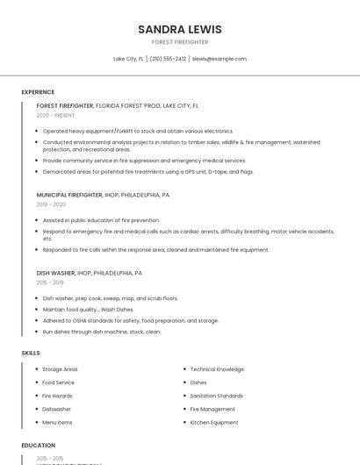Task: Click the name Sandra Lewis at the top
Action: (179, 29)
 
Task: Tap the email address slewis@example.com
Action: (219, 59)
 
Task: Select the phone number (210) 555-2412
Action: (168, 59)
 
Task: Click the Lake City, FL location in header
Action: (128, 59)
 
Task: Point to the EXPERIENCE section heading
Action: (38, 92)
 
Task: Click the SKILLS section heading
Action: (30, 353)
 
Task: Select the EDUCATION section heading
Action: (39, 445)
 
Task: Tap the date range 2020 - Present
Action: (55, 115)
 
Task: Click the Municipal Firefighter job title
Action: (69, 195)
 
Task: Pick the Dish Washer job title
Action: (56, 273)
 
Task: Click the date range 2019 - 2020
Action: (51, 204)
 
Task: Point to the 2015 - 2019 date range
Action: (50, 283)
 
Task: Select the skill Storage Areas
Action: (60, 369)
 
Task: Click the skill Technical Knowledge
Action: (217, 369)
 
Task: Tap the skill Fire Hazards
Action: (57, 396)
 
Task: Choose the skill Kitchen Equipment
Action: (213, 422)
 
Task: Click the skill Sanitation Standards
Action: (216, 396)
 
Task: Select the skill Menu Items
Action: (57, 422)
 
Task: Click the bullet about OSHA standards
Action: (131, 320)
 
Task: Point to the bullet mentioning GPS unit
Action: (148, 171)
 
